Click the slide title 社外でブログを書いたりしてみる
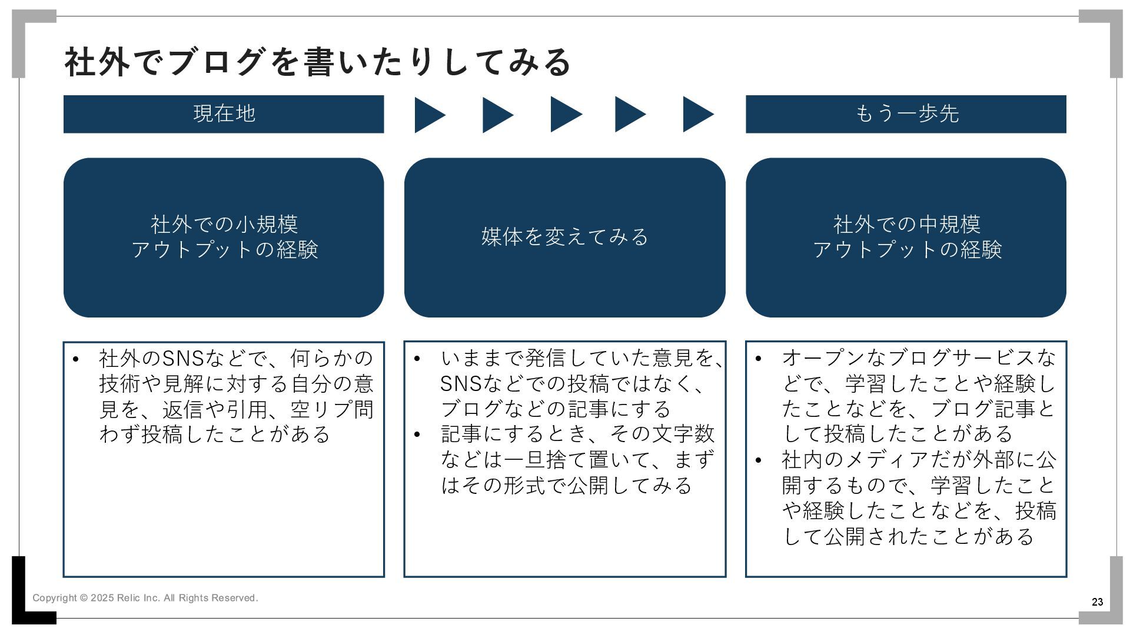317,62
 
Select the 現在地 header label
224,113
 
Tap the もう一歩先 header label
906,113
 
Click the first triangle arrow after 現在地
428,115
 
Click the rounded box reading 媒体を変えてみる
564,237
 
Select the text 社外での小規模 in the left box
224,224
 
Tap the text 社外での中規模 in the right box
906,224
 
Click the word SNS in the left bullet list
182,358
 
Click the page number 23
1097,602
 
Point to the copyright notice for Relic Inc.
145,598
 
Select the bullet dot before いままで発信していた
417,359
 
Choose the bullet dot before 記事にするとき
417,435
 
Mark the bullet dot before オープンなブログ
758,359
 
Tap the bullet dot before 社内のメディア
758,460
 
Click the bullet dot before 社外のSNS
75,359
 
